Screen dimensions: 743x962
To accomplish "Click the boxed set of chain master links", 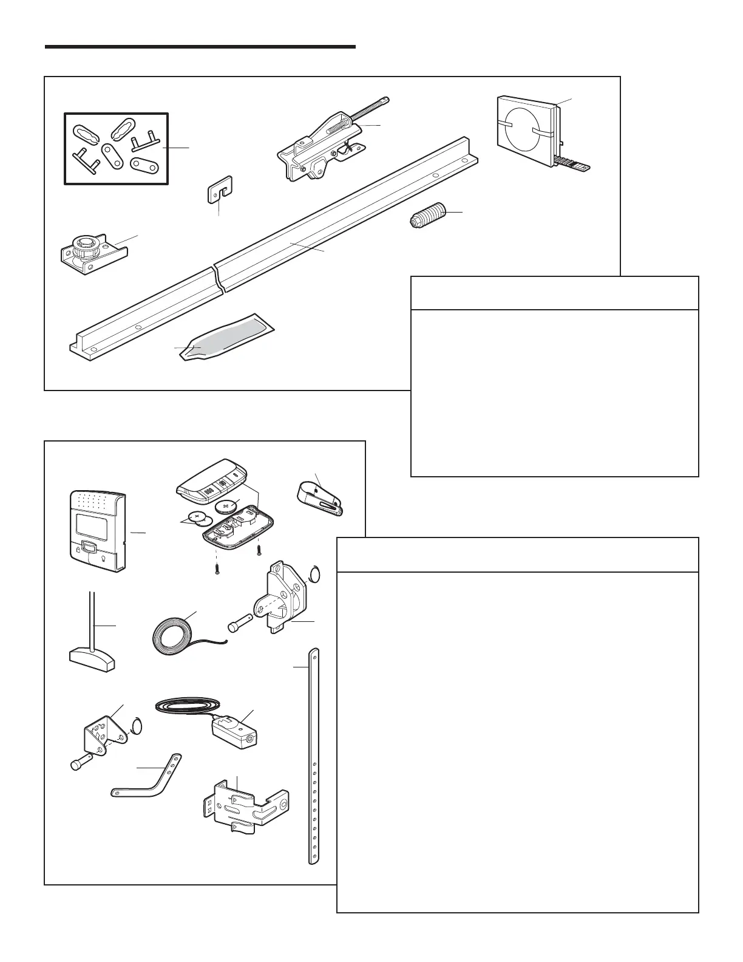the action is (116, 148).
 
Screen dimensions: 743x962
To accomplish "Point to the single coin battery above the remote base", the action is (230, 505).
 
